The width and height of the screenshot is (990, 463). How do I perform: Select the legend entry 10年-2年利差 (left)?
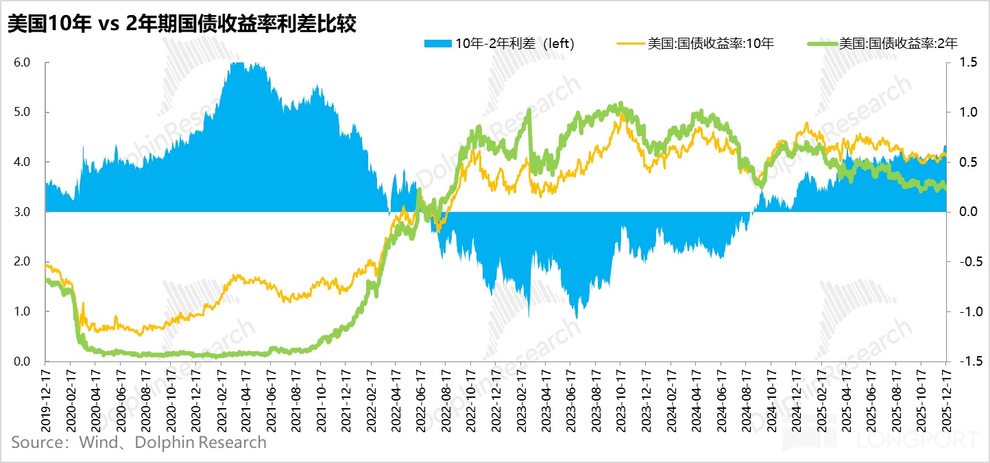point(514,44)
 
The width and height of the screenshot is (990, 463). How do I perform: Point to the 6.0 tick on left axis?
point(22,62)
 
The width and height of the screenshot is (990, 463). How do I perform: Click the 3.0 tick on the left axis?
point(22,212)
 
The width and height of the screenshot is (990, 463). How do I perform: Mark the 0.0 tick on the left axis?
point(22,361)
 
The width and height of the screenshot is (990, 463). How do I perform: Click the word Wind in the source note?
point(99,442)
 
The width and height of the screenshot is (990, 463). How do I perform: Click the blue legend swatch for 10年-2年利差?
point(438,44)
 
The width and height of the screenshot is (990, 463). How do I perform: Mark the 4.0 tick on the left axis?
point(22,162)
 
